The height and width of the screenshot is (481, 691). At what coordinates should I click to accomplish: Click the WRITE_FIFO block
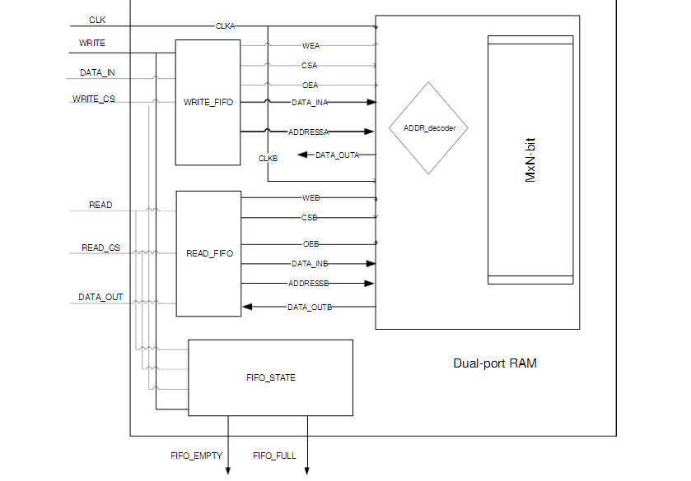pos(208,103)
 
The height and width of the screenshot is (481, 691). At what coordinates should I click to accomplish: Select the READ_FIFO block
pos(209,253)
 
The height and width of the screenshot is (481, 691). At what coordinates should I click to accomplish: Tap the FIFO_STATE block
pos(270,378)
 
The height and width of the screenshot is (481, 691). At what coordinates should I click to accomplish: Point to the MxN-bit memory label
pos(531,160)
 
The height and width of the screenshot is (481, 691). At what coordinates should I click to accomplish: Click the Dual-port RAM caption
pos(494,363)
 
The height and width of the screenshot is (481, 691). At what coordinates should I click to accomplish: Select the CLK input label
pos(98,20)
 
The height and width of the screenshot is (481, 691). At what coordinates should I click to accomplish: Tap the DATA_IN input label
pos(97,73)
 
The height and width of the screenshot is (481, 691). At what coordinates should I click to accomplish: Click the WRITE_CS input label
pos(95,99)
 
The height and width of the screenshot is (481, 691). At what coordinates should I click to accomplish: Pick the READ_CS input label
pos(100,247)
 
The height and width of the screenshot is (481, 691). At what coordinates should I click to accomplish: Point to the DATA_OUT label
pos(100,298)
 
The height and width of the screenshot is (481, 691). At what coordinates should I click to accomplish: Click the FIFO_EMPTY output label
pos(196,456)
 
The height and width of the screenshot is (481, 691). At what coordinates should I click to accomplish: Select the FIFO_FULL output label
pos(274,456)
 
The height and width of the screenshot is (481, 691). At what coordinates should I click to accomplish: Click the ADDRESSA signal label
pos(309,132)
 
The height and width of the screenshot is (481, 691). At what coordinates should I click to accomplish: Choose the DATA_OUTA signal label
pos(337,155)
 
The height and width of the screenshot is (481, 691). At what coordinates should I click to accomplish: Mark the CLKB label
pos(268,158)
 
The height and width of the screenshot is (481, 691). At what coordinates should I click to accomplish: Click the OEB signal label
pos(310,244)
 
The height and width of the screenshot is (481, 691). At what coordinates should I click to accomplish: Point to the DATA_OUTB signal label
pos(309,308)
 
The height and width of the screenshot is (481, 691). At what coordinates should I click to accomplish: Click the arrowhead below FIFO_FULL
pos(307,471)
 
